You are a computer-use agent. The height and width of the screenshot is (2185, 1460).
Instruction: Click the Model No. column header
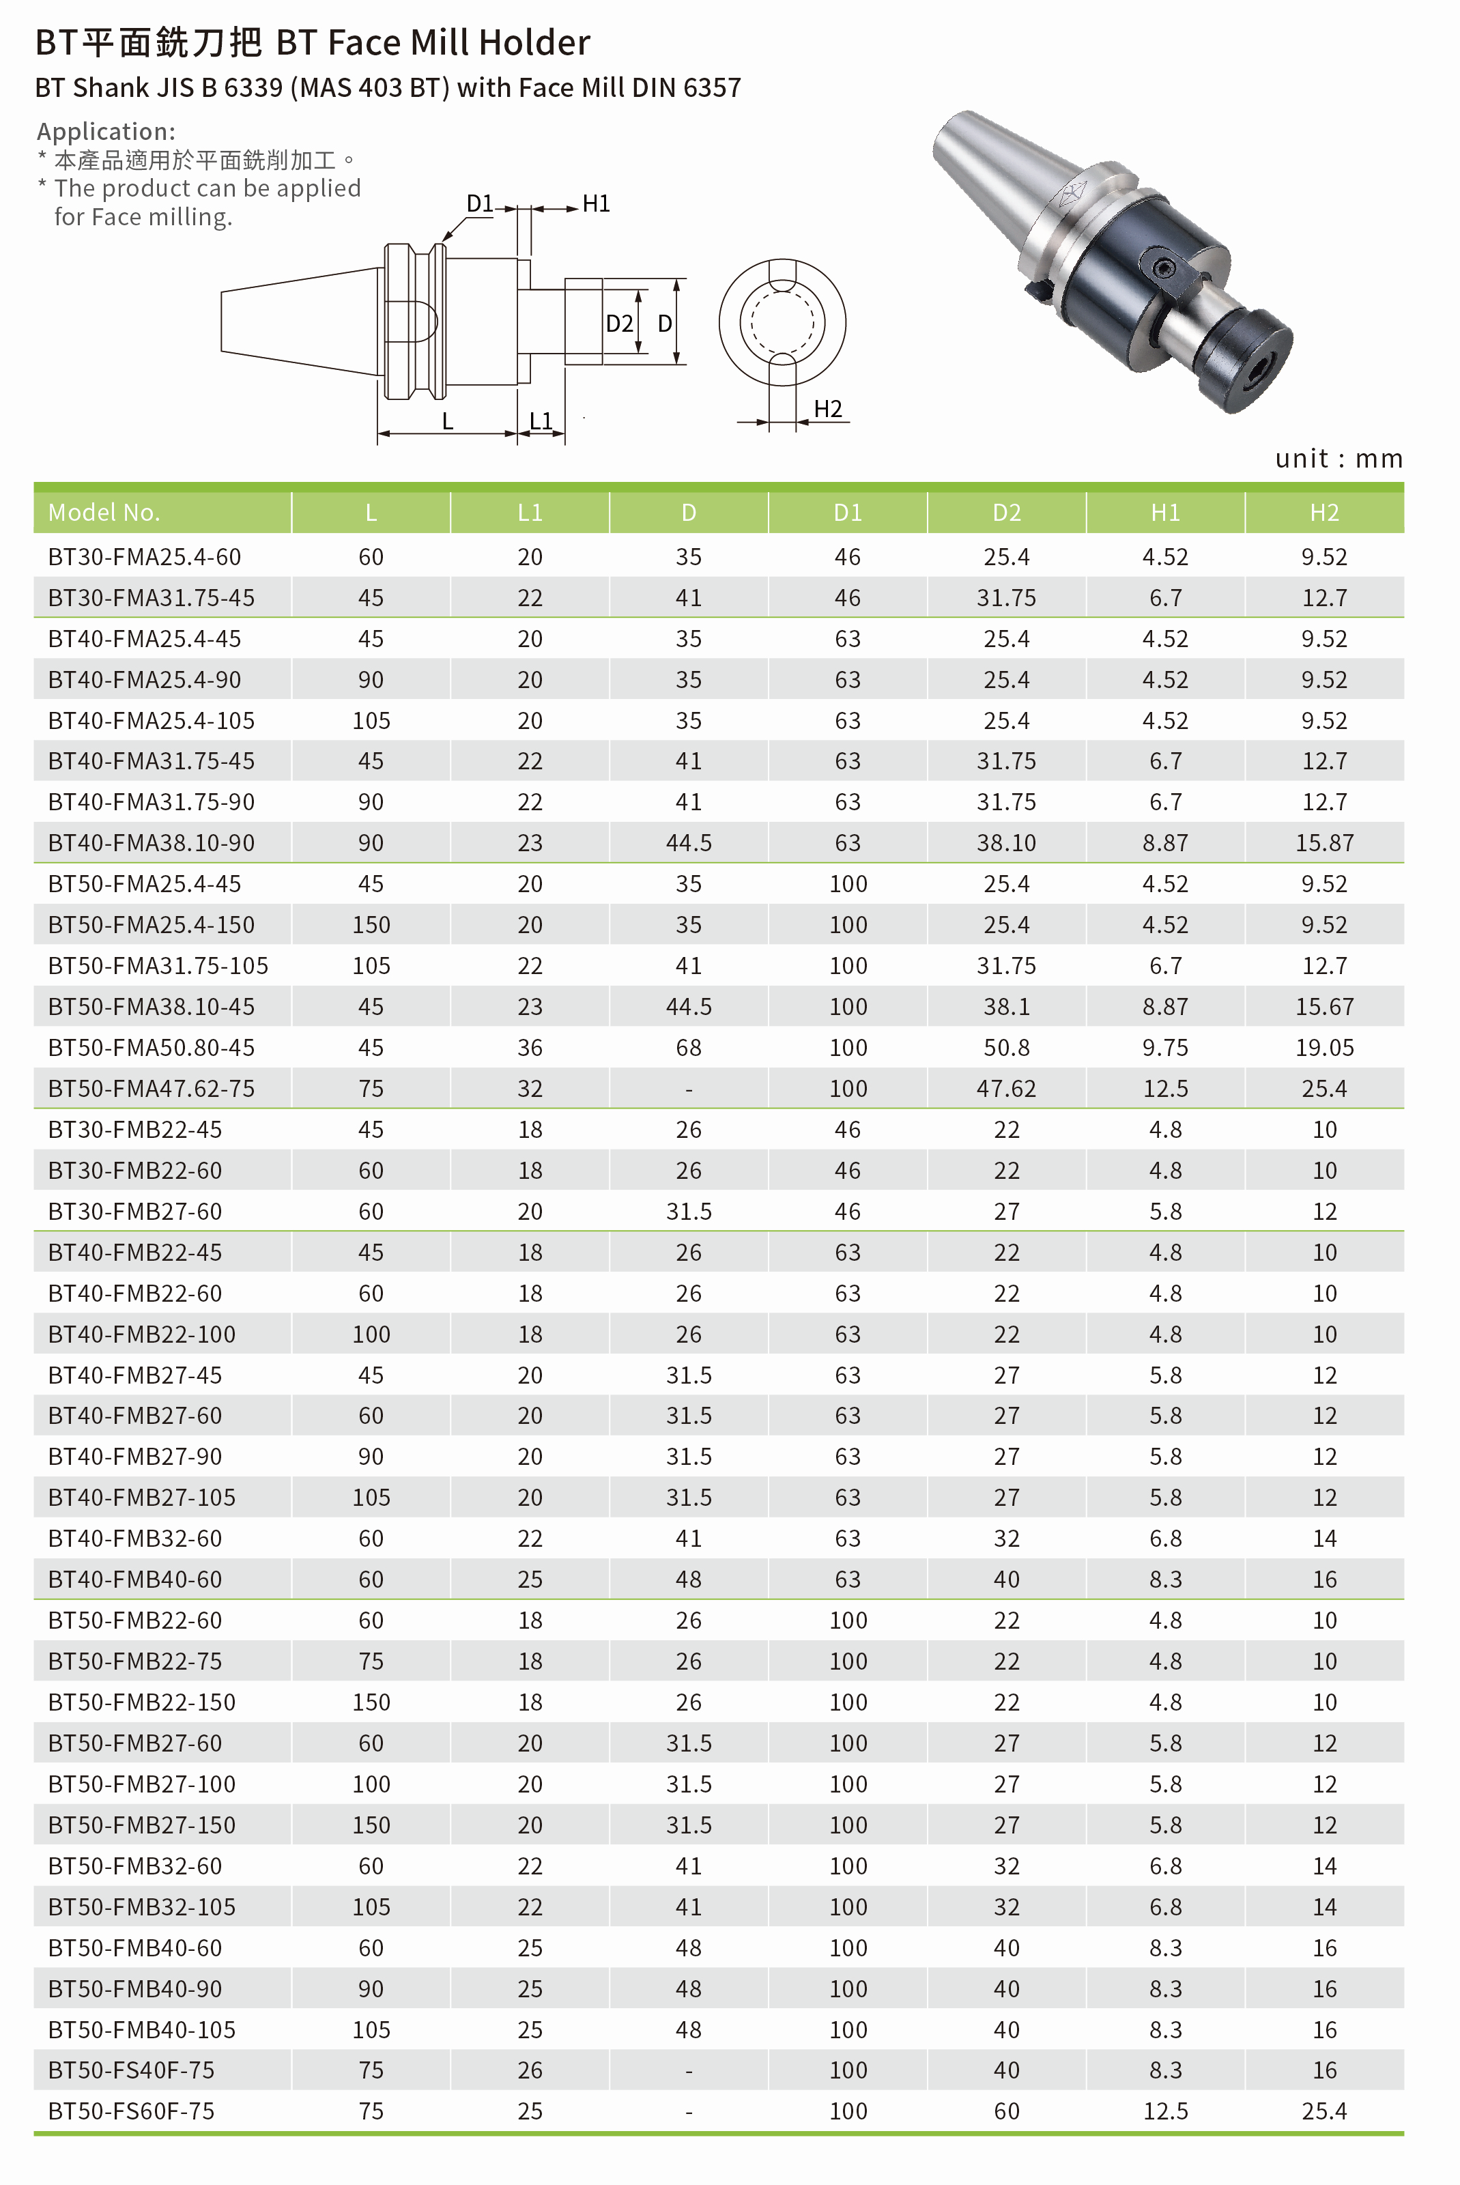103,512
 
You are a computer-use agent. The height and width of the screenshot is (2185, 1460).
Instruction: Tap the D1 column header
846,512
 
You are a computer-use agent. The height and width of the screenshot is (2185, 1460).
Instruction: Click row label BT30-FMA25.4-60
144,557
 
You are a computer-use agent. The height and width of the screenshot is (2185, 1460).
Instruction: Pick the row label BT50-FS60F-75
131,2111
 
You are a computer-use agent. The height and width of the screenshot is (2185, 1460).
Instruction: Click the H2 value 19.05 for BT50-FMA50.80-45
1324,1047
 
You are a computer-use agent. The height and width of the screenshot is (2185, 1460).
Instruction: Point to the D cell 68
688,1047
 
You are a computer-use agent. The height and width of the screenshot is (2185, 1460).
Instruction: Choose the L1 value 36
530,1047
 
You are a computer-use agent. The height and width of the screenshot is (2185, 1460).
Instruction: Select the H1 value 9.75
1165,1047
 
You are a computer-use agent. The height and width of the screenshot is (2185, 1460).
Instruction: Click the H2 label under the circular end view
827,409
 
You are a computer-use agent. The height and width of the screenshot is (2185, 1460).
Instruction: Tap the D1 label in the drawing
480,203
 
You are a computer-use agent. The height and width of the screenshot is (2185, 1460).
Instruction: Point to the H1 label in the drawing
596,203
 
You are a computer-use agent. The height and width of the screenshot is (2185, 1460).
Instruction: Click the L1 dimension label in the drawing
540,420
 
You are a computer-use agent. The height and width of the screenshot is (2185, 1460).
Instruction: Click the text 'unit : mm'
1338,458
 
